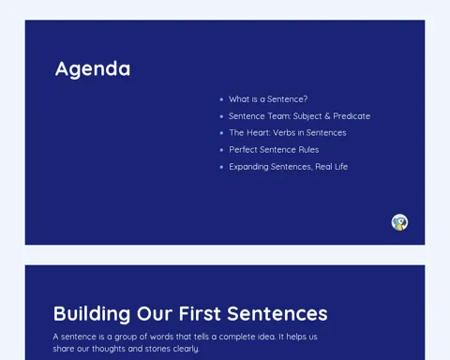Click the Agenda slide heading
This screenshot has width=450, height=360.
(93, 69)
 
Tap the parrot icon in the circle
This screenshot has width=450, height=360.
(399, 222)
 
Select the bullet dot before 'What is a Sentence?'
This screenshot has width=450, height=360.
(221, 99)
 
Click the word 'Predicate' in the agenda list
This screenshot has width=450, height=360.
(352, 116)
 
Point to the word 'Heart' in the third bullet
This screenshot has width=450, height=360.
(258, 133)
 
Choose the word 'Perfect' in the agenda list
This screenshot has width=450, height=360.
(243, 150)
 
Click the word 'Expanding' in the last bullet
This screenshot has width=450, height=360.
(248, 167)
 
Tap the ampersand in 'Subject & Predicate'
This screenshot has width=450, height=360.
(327, 116)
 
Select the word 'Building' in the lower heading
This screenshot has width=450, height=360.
(92, 314)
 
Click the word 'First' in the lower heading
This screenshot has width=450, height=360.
(200, 314)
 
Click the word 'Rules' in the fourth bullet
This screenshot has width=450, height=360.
(308, 150)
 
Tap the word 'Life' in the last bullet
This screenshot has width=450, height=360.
(341, 167)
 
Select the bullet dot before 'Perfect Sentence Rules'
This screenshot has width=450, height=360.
(221, 150)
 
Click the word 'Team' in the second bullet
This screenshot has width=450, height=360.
(278, 116)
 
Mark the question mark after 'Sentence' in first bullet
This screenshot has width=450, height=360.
(305, 99)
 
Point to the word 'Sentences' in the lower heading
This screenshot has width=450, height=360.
(277, 314)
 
